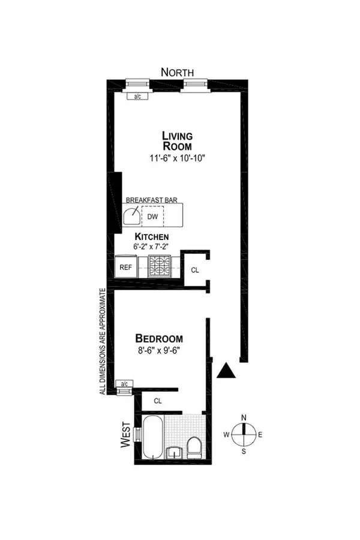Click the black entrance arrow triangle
tap(226, 371)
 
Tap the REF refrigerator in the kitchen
tap(126, 266)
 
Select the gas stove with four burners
tap(159, 266)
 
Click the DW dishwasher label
tap(152, 217)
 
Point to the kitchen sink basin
tap(132, 216)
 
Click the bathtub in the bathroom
tap(152, 437)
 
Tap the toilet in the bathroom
tap(194, 448)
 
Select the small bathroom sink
tap(175, 453)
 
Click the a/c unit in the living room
tap(137, 97)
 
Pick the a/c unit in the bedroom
tap(124, 383)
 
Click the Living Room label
tap(177, 141)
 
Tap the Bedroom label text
tap(159, 338)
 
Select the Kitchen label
tap(152, 236)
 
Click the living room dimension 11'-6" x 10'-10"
tap(178, 158)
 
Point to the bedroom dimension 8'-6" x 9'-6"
tap(158, 351)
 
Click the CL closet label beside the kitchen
tap(195, 271)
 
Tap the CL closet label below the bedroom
tap(158, 401)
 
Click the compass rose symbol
tap(244, 434)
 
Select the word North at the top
tap(178, 73)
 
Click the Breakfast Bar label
tap(152, 200)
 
